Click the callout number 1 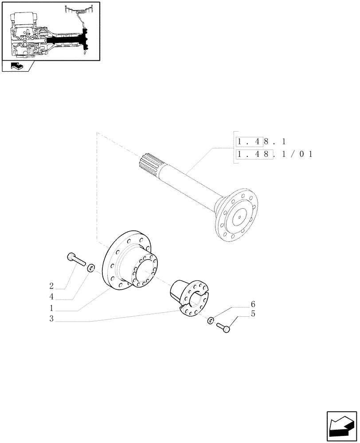(52, 308)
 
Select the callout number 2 (52, 285)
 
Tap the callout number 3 (52, 319)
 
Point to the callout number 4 (52, 296)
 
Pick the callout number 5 (253, 314)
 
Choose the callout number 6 (253, 304)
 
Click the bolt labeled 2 (76, 258)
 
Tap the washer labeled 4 (90, 267)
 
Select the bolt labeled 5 (224, 328)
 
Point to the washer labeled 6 (211, 320)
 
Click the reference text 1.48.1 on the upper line (262, 142)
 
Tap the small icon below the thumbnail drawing (17, 67)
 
